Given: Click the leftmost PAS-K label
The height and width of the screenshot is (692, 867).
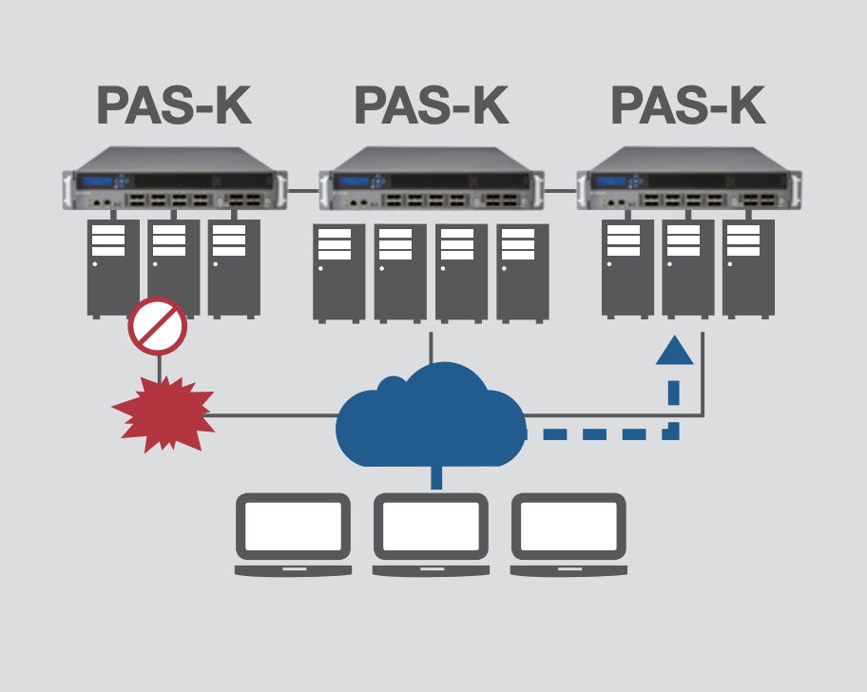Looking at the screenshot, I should click(174, 106).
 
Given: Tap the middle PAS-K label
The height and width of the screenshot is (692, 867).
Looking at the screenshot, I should click(432, 106).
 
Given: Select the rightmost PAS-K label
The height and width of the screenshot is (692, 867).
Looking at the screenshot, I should click(688, 106).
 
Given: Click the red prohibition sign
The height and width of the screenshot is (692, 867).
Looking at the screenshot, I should click(158, 326).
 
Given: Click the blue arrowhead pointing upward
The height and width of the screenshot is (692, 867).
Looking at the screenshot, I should click(674, 350).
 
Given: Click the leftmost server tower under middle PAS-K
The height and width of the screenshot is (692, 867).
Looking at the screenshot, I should click(339, 272).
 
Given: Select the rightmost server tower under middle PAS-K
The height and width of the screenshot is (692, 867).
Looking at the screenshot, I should click(522, 272).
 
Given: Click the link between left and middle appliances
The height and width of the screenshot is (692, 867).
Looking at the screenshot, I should click(303, 190).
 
